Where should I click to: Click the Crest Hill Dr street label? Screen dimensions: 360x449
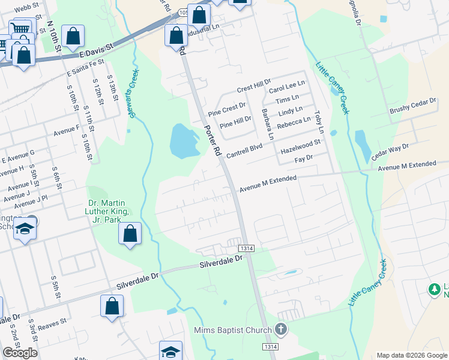pos(254,86)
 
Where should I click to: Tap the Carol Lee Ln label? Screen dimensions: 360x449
pos(287,88)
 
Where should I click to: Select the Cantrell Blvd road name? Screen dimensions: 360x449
pos(244,149)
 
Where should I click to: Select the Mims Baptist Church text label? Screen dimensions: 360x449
pos(233,330)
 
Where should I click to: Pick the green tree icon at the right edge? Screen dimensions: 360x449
pos(435,290)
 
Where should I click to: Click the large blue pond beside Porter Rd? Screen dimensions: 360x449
pos(183,142)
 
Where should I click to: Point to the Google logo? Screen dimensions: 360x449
pos(20,352)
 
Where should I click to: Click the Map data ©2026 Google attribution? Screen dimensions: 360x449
pos(412,355)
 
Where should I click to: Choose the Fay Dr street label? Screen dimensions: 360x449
pos(304,158)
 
